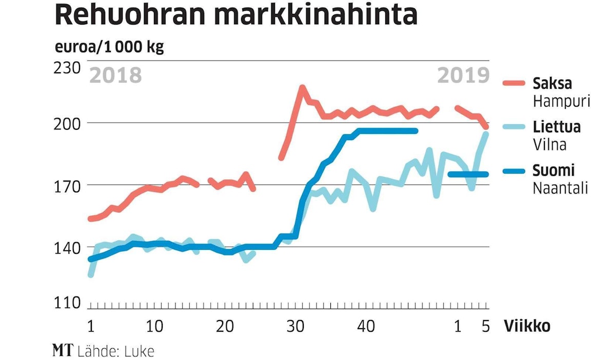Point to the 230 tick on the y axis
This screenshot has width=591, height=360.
68,68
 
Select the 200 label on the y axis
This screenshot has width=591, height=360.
68,123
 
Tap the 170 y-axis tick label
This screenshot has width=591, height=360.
68,185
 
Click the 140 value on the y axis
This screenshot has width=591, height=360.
68,247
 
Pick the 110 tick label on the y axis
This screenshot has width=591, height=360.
68,303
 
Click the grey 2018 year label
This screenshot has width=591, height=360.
115,75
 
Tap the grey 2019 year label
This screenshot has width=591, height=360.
463,75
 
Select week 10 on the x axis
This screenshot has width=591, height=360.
154,326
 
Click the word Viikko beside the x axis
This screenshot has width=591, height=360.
527,326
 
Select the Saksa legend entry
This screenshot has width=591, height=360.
552,83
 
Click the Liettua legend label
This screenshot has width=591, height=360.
557,127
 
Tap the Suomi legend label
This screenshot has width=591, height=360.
553,170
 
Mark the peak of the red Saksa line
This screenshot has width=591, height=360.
302,88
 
